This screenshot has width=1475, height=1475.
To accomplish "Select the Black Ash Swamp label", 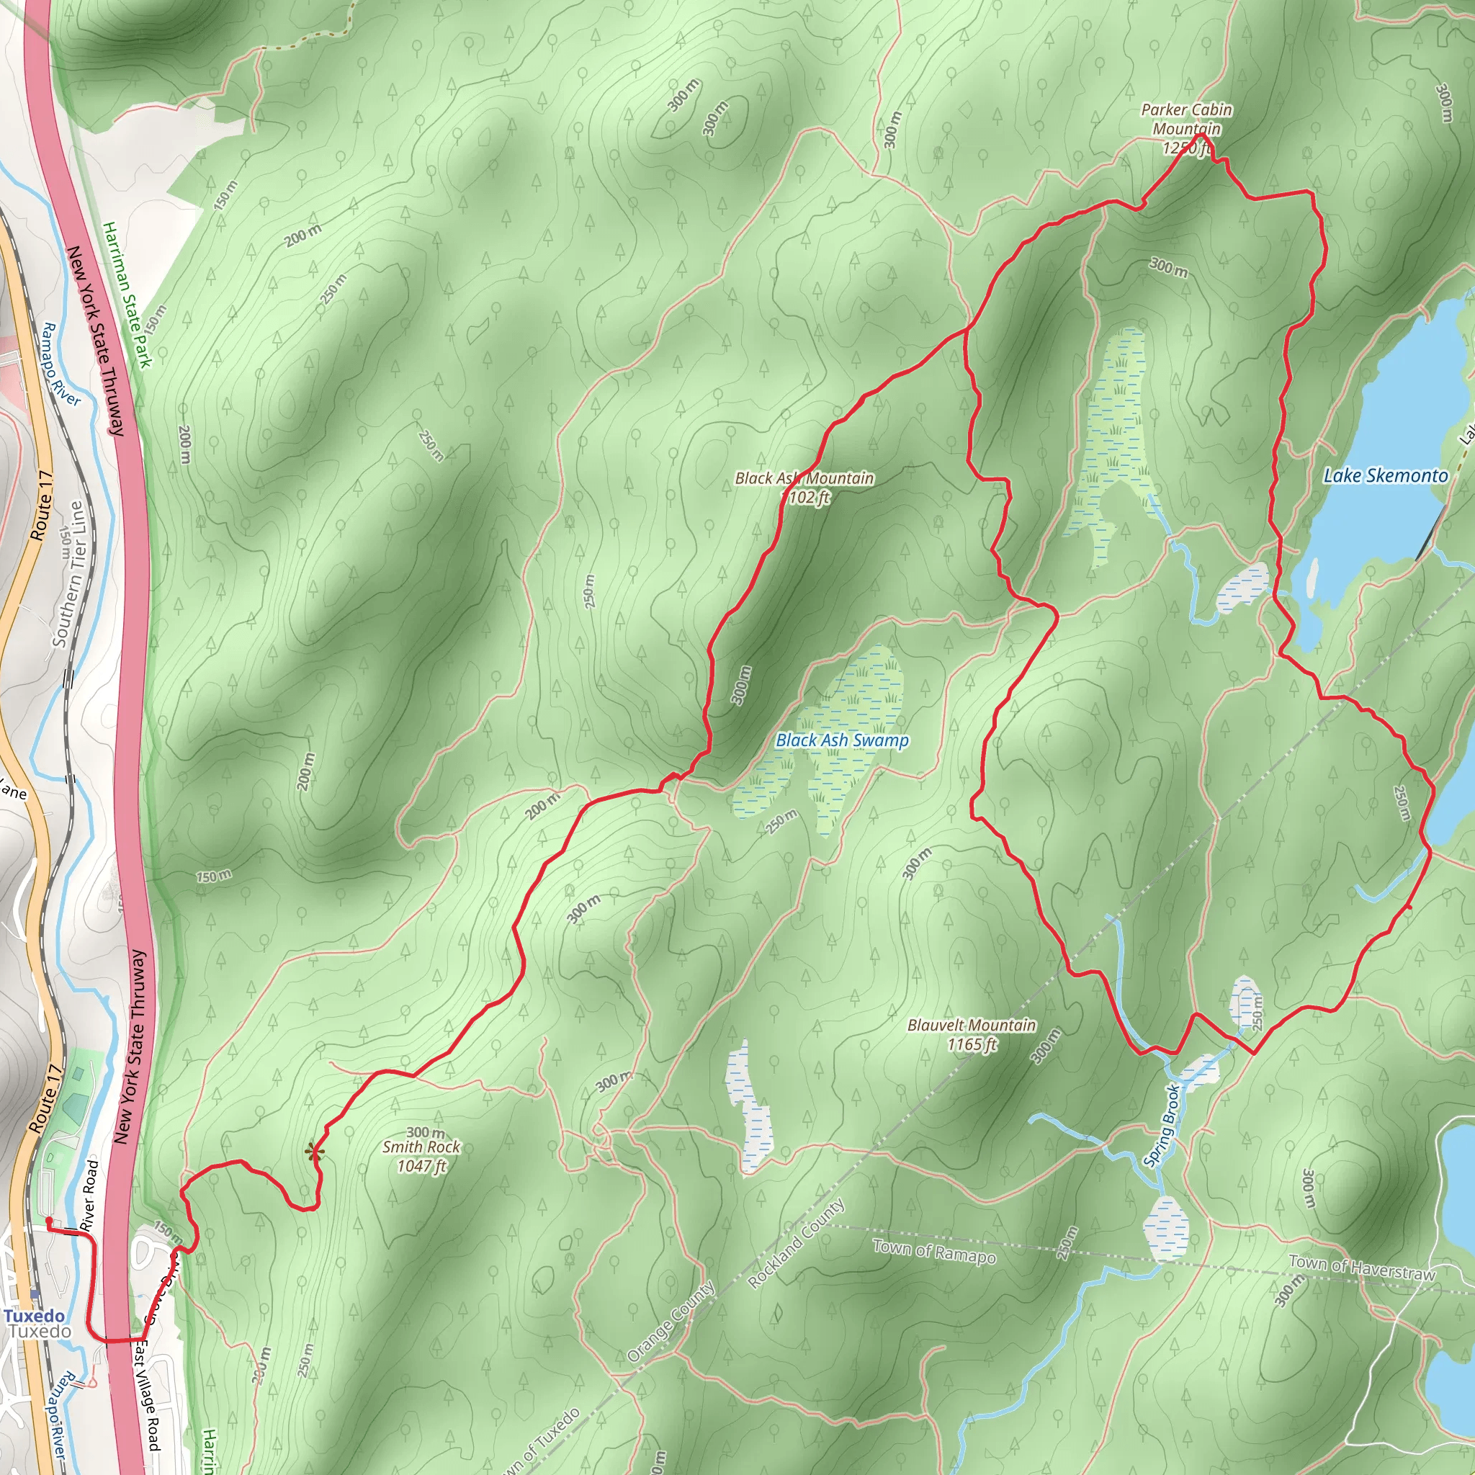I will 842,740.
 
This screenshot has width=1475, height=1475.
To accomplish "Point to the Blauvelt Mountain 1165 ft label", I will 971,1034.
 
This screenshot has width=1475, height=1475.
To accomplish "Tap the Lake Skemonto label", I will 1385,475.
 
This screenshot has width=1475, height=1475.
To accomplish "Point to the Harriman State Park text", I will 127,295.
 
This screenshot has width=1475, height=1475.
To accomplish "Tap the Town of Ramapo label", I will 933,1251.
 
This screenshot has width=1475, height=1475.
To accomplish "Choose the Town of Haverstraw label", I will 1362,1268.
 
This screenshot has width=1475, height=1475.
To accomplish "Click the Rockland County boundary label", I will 797,1243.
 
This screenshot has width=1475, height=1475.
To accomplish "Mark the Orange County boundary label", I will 671,1321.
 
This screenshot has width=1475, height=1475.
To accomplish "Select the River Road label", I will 89,1196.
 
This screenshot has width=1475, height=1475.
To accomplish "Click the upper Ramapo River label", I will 60,364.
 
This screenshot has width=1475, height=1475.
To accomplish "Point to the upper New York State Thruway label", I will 96,341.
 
